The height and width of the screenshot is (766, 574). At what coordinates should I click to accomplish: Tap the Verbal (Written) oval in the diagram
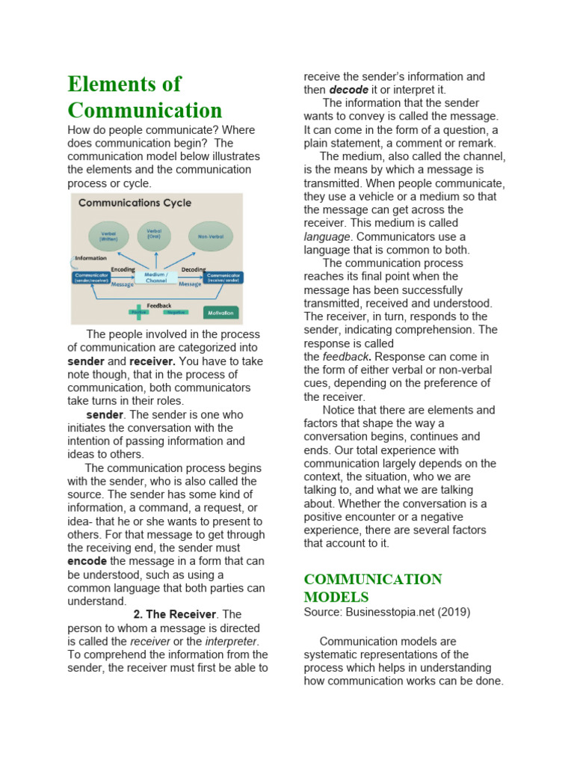click(108, 236)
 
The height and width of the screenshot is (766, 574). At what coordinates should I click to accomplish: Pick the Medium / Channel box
click(156, 278)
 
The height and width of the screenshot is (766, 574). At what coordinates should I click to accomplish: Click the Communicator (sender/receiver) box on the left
click(90, 278)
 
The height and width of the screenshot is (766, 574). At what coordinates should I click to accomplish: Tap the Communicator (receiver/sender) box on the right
click(223, 278)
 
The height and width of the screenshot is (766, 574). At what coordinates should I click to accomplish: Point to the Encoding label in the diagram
click(123, 269)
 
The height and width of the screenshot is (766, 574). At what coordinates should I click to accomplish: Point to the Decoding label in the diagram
click(194, 269)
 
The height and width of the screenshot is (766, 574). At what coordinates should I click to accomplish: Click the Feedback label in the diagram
click(159, 305)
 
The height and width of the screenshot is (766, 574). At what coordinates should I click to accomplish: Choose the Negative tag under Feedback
click(176, 313)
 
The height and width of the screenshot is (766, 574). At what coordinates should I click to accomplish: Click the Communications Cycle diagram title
click(135, 203)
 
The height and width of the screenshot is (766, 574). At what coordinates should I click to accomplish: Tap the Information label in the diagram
click(90, 258)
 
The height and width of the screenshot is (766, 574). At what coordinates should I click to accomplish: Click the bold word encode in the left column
click(87, 561)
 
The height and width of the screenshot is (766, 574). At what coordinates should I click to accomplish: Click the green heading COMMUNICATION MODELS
click(372, 588)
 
